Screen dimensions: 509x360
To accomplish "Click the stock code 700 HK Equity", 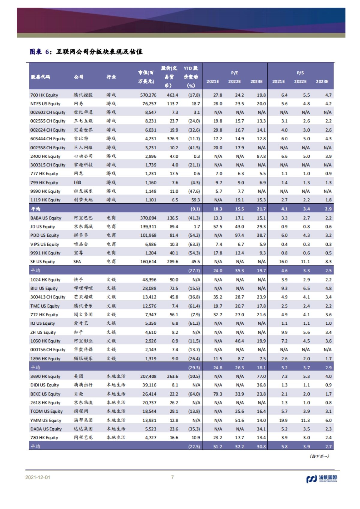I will (x=44, y=95).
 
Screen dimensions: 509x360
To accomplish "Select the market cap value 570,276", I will (x=148, y=95).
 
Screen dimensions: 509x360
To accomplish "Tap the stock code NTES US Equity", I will (x=45, y=104).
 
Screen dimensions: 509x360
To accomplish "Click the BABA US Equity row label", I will (x=46, y=218).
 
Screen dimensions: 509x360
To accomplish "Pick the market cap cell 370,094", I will (x=148, y=218).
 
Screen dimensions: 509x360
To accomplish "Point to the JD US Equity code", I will (x=43, y=227).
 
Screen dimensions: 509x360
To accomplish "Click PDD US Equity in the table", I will (x=45, y=235).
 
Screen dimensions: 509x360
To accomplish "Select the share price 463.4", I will (x=172, y=95).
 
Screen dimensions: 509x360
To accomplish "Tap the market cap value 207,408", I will (x=148, y=376).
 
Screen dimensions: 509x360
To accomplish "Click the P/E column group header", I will (x=234, y=73).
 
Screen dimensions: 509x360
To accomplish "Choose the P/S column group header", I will (x=300, y=73).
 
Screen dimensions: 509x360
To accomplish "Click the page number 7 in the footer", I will (x=172, y=477).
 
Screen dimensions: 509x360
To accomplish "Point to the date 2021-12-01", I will (x=38, y=477).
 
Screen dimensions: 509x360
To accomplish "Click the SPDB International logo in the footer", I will (x=322, y=478).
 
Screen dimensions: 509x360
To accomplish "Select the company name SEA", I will (x=77, y=262).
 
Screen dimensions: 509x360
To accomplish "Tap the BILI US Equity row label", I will (x=44, y=288).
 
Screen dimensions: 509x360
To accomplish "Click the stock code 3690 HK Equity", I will (x=45, y=376).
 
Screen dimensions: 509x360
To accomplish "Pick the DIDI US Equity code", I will (x=45, y=385).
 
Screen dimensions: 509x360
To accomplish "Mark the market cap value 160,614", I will (x=148, y=262).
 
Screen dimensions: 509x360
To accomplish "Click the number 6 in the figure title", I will (x=47, y=52).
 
